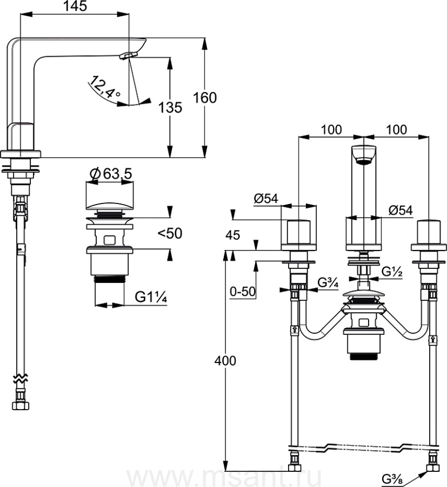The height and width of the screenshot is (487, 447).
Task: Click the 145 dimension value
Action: (75, 6)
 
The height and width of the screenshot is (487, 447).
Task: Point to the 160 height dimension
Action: (205, 97)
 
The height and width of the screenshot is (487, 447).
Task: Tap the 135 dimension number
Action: (170, 108)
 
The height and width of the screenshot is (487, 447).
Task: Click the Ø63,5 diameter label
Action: (111, 174)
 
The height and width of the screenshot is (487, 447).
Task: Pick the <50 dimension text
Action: (170, 233)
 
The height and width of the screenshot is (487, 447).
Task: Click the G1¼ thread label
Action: (151, 297)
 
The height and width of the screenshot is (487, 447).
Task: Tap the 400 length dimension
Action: (225, 360)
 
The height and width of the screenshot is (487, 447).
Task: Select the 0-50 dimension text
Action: (243, 291)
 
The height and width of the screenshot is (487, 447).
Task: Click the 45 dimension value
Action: (232, 235)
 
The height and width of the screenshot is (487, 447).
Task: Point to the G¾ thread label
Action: (328, 283)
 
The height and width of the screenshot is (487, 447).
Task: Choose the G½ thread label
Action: (392, 272)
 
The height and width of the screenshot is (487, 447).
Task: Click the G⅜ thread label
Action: (392, 479)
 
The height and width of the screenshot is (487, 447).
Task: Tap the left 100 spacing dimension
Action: (331, 129)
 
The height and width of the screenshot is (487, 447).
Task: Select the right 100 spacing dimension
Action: (396, 129)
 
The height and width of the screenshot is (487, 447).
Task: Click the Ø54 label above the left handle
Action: (266, 199)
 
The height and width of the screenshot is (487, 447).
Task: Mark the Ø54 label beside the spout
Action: (401, 210)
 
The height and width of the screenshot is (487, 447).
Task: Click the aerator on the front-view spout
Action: (364, 161)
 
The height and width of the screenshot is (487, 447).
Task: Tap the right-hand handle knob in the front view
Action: (429, 232)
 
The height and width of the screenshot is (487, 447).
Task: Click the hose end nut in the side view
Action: (21, 405)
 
